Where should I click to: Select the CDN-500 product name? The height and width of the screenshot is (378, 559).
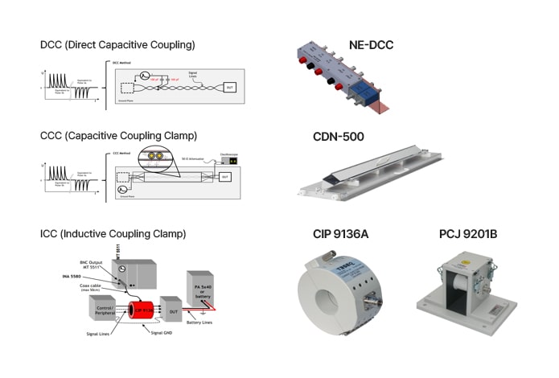[339, 137]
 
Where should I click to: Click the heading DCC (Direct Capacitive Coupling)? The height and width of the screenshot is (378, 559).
[117, 44]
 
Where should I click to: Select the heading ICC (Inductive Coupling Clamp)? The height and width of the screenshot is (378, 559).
[113, 234]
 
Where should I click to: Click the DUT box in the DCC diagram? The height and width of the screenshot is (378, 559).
[229, 86]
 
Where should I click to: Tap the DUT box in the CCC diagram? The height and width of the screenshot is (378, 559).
[225, 175]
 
